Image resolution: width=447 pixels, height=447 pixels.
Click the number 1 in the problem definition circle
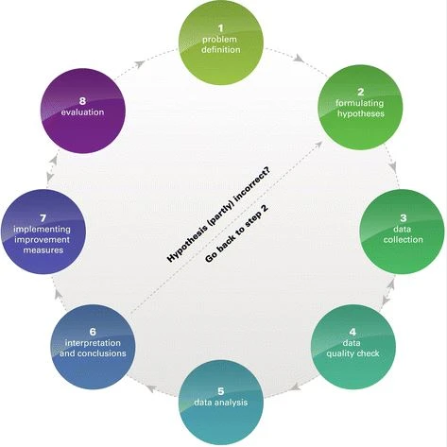[221, 28]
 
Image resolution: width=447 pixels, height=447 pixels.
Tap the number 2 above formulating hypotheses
[361, 92]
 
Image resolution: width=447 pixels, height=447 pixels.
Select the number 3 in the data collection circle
[404, 217]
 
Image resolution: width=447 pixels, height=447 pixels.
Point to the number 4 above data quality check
[352, 332]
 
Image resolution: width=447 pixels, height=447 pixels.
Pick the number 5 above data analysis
[221, 391]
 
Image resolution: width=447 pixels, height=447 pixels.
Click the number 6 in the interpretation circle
[93, 332]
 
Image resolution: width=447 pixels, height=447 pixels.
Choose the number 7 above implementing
[43, 217]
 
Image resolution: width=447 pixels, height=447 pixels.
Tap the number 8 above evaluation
[82, 101]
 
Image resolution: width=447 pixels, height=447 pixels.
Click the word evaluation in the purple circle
[82, 112]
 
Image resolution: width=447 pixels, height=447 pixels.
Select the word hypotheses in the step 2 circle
[361, 113]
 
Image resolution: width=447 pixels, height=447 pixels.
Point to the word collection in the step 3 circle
[404, 239]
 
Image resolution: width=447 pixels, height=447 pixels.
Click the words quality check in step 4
[352, 353]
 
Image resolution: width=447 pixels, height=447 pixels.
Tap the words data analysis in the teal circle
[221, 403]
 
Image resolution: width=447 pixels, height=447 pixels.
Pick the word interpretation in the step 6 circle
[93, 343]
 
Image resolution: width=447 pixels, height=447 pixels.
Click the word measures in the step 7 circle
[43, 250]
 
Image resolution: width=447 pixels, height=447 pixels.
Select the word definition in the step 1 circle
[221, 50]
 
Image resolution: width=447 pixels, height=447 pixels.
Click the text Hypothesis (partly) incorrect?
[219, 215]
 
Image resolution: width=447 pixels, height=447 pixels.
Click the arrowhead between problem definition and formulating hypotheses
[300, 58]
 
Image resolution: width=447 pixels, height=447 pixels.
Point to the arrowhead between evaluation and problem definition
[141, 63]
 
